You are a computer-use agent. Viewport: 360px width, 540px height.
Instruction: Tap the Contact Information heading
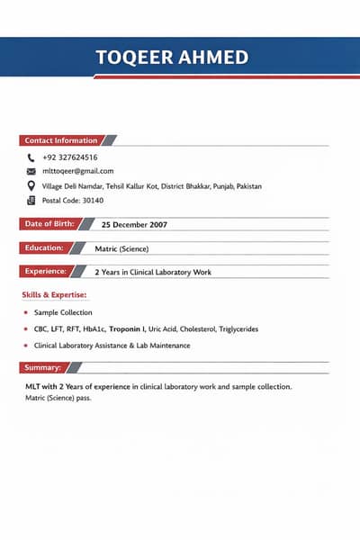pos(60,140)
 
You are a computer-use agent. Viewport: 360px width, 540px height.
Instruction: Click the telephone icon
pos(31,157)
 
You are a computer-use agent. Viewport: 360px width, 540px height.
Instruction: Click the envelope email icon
pos(31,171)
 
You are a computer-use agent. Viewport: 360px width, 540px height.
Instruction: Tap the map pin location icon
pos(31,185)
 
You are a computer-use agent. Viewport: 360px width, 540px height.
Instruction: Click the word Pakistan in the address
pos(244,185)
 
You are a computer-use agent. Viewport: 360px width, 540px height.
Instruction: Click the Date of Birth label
pos(49,223)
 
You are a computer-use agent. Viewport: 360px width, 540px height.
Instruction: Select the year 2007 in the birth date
pos(156,224)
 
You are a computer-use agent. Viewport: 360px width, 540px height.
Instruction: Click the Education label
pos(43,247)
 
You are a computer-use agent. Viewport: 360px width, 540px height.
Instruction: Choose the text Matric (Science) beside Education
pos(121,248)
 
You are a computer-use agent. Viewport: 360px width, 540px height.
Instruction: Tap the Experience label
pos(45,271)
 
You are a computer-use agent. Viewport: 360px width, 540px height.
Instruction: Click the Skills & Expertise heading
pos(54,294)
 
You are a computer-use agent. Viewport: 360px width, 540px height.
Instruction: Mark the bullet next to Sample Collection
pos(26,312)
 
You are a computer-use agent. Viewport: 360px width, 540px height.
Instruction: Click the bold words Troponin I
pos(127,329)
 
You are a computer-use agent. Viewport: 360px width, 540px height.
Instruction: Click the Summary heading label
pos(42,367)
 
